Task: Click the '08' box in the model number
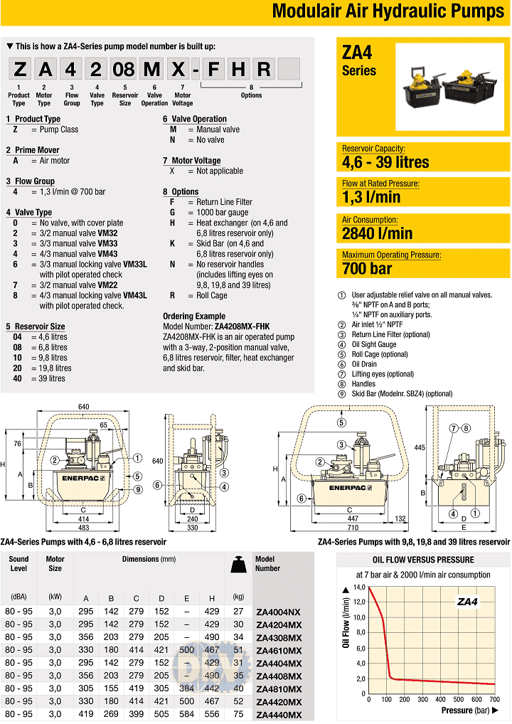tap(124, 69)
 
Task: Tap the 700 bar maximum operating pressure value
tap(367, 268)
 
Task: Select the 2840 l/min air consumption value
tap(377, 233)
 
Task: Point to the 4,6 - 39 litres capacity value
tap(385, 161)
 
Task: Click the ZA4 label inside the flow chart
tap(467, 602)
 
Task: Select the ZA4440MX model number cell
tap(278, 714)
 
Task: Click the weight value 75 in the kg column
tap(238, 714)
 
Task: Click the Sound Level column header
tap(19, 563)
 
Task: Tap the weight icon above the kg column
tap(239, 566)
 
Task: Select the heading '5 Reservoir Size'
tap(35, 326)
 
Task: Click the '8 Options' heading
tap(181, 191)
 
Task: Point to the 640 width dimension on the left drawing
tap(84, 407)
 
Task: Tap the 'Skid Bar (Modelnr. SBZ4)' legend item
tap(402, 393)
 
